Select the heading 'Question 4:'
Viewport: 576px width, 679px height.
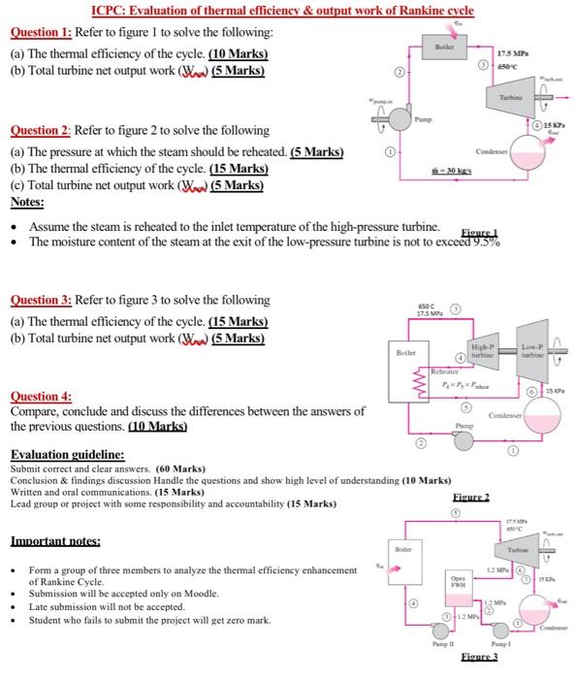point(41,397)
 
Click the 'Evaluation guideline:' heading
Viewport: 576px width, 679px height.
point(67,454)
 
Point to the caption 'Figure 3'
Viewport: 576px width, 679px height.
point(482,658)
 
